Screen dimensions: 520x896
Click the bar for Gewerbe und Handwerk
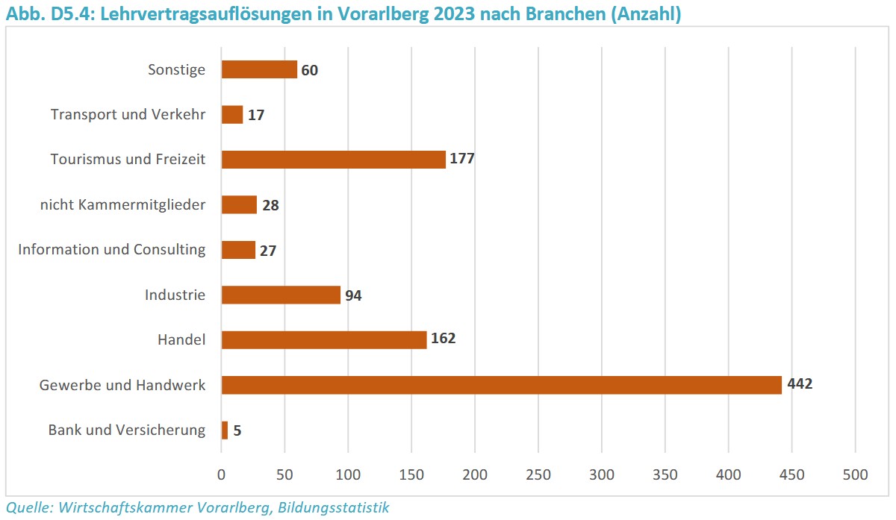(x=501, y=385)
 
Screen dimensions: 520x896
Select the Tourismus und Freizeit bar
(x=333, y=160)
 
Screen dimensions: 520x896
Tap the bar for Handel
(x=324, y=339)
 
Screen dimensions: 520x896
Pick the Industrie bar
(x=281, y=295)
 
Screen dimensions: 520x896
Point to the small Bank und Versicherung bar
(x=225, y=430)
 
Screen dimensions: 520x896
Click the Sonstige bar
(x=259, y=69)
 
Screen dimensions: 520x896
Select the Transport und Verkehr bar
(x=232, y=115)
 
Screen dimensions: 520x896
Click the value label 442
(x=799, y=384)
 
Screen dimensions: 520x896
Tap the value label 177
(x=462, y=159)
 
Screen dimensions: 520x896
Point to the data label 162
(x=443, y=339)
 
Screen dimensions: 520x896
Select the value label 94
(x=353, y=295)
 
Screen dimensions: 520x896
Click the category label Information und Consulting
(x=112, y=249)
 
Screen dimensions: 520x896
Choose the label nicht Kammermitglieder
(x=122, y=204)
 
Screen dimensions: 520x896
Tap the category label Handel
(x=181, y=339)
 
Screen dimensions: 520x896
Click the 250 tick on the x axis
(x=538, y=474)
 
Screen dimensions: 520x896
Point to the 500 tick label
(x=855, y=474)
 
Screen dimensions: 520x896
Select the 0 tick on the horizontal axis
(x=222, y=474)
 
